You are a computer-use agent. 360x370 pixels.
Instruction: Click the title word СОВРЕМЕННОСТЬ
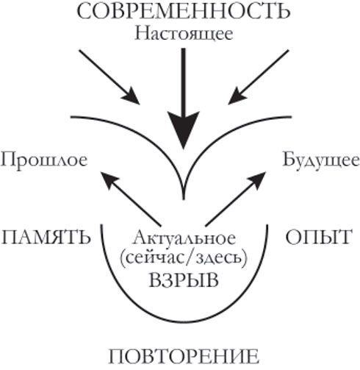184,11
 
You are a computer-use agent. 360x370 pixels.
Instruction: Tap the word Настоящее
184,34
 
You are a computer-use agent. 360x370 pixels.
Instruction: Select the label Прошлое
44,160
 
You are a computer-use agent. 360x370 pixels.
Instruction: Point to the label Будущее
321,160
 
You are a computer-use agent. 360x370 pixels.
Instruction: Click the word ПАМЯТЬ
46,238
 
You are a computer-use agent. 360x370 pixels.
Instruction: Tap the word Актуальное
184,238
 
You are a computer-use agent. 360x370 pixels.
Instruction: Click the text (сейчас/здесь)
184,258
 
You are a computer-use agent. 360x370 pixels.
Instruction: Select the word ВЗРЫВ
184,280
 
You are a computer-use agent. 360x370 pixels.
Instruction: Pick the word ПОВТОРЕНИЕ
184,357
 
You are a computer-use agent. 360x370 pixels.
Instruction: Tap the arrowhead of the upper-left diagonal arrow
132,97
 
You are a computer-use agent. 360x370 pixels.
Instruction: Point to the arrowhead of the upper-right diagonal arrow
237,97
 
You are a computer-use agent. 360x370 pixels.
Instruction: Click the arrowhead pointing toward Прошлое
109,179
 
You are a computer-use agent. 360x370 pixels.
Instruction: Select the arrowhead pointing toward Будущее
257,179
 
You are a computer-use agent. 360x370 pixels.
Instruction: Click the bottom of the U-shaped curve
184,321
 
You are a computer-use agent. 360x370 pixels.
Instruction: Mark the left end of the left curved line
71,117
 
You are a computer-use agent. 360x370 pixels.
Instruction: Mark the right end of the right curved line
292,117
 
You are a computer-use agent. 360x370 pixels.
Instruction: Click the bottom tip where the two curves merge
184,199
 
